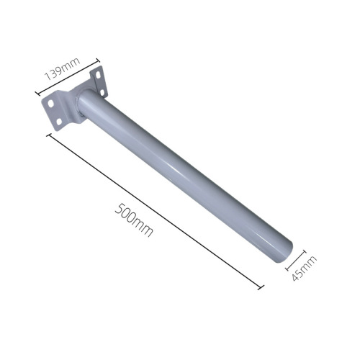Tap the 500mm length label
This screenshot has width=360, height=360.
click(x=135, y=218)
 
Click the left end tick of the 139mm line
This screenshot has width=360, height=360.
click(x=37, y=92)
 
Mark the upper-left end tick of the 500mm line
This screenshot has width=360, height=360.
click(x=49, y=134)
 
